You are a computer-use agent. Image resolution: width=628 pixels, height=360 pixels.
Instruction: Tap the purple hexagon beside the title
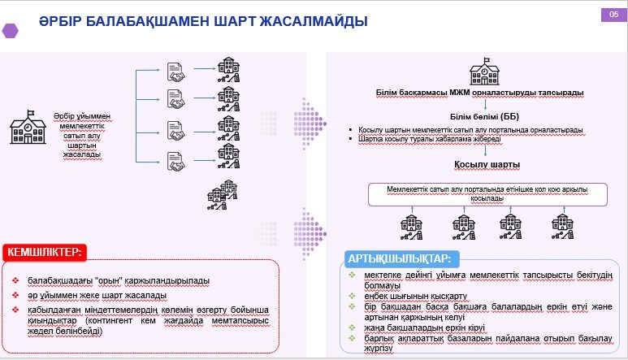coord(11,29)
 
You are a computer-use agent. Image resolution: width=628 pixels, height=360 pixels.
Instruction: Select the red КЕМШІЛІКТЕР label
coord(45,253)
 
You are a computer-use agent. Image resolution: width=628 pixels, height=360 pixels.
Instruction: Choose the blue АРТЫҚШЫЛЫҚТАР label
coord(402,258)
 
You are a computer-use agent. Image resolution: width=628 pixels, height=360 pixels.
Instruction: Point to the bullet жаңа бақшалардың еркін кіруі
coord(400,327)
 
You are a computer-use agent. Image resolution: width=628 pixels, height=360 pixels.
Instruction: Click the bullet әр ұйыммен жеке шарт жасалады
coord(97,295)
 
